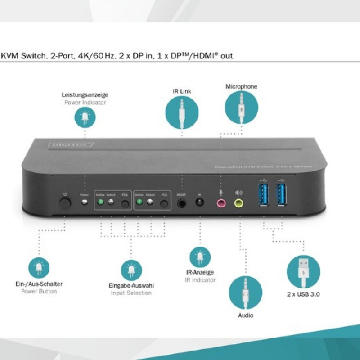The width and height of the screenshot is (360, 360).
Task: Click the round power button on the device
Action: click(66, 202)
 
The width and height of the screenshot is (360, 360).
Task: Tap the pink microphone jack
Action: click(221, 203)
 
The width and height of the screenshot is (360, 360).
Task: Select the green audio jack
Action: click(238, 203)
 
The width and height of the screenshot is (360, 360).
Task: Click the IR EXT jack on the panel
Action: click(182, 203)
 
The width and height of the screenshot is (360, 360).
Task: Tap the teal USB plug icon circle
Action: click(303, 271)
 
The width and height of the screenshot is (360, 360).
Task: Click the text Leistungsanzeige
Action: click(85, 95)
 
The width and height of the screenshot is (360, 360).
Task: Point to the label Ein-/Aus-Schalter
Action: click(39, 284)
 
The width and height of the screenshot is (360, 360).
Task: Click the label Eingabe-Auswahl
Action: click(131, 285)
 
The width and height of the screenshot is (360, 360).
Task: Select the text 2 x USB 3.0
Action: click(303, 294)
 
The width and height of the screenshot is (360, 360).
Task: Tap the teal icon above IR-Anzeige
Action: click(200, 256)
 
